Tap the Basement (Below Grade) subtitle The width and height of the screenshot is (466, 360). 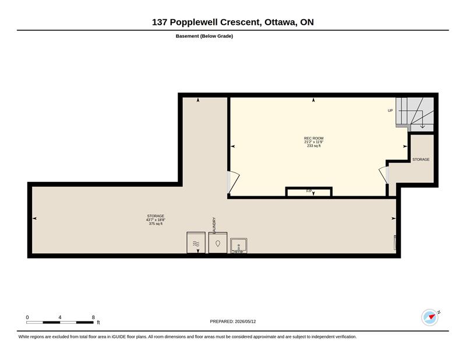[204, 36]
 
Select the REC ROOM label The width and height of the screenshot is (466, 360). [313, 138]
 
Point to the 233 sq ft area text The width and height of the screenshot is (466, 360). [313, 146]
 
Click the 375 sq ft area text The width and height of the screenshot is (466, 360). [156, 224]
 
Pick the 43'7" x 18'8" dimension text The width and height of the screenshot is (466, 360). [156, 220]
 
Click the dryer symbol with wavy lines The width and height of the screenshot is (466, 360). [196, 242]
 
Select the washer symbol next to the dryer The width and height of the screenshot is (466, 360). [218, 242]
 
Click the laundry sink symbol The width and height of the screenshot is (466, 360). [239, 246]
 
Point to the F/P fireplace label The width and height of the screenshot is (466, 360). [309, 191]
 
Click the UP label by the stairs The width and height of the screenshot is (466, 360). [390, 111]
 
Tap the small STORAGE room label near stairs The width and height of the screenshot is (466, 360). [421, 160]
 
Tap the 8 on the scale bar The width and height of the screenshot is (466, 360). [93, 317]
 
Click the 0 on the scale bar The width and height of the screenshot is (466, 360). [27, 317]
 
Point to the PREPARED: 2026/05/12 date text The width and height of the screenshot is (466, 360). [233, 322]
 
